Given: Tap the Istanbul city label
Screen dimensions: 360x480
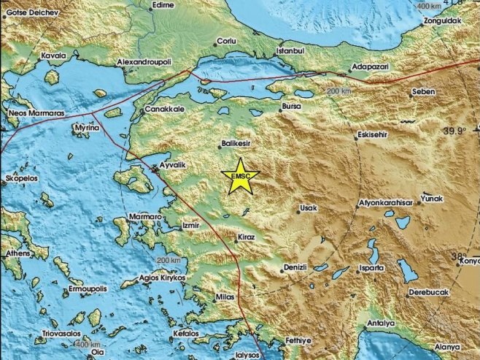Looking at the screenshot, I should [288, 52].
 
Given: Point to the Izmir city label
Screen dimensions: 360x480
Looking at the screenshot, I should [191, 226].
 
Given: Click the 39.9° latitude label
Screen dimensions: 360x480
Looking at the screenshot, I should [454, 131].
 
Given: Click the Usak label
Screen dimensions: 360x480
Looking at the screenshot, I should [309, 208].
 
